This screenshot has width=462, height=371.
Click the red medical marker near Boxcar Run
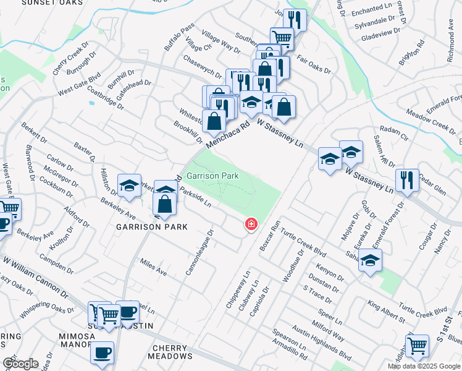point(251,224)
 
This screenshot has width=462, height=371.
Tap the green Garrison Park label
point(212,176)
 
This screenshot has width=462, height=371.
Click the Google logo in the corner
point(20,363)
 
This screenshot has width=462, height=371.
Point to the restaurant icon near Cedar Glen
point(407,180)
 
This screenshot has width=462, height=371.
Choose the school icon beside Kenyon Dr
point(370,260)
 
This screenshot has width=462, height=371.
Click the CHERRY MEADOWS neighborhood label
point(171,352)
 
